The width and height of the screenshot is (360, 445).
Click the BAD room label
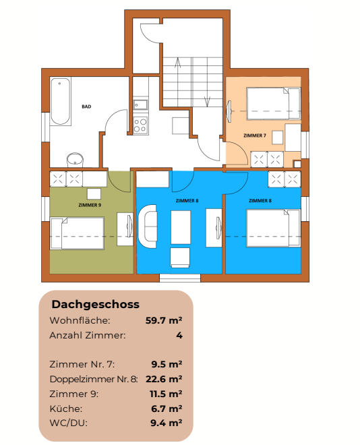(86, 107)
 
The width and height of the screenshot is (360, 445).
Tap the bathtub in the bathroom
(61, 102)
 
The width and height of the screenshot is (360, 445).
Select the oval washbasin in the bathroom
(75, 159)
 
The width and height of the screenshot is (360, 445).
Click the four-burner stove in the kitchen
(141, 125)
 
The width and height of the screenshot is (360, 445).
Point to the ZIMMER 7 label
(255, 136)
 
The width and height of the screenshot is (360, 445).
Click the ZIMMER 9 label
(90, 204)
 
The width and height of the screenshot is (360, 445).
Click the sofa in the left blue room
(148, 227)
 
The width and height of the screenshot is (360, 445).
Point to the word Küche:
(66, 409)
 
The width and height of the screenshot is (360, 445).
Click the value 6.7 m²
(167, 409)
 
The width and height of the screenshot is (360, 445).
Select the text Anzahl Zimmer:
(88, 335)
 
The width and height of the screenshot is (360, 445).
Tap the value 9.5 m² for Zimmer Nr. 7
(167, 364)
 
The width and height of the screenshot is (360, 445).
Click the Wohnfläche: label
(80, 320)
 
